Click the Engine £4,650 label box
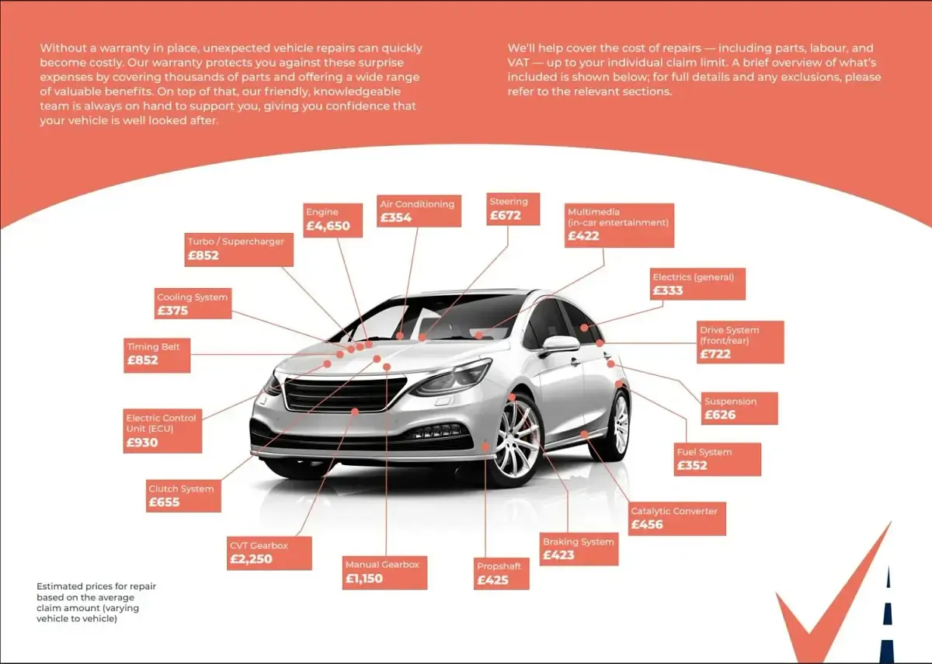(332, 220)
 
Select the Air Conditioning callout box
(419, 211)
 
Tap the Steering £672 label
(513, 209)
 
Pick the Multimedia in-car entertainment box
(619, 225)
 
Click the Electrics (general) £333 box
(697, 283)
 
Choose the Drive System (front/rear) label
(740, 342)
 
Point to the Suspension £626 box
(739, 408)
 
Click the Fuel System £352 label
(718, 459)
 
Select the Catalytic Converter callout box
(676, 519)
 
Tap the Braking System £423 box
(579, 549)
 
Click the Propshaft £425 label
(502, 574)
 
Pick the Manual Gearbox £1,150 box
(384, 572)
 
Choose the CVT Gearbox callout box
(270, 553)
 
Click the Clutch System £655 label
(183, 496)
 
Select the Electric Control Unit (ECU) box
(162, 431)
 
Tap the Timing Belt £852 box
(157, 356)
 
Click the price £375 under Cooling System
(172, 311)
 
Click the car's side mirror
(560, 345)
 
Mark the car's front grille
(345, 394)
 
